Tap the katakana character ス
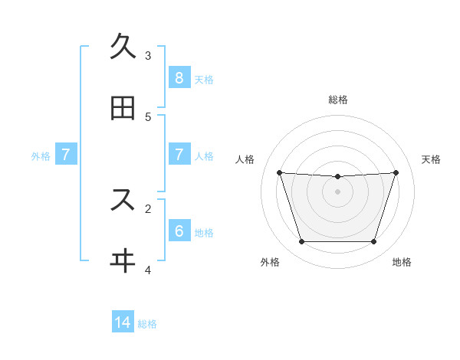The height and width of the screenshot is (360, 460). tap(123, 200)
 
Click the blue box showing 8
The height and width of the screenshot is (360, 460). tap(179, 77)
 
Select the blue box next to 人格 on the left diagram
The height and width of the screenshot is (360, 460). tap(179, 154)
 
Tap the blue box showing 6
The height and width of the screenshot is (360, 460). tap(179, 231)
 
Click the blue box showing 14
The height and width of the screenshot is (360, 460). tap(123, 322)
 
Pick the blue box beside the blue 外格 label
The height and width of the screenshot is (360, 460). tap(66, 154)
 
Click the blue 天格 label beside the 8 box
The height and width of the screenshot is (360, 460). tap(204, 79)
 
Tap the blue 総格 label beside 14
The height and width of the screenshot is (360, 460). tap(147, 324)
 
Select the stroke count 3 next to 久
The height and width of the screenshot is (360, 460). tap(148, 55)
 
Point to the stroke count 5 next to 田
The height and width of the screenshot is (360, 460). tap(148, 116)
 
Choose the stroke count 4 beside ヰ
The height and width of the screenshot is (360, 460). tap(148, 270)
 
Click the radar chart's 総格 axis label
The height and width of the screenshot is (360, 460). tap(338, 100)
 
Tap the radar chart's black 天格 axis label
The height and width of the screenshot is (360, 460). tap(432, 159)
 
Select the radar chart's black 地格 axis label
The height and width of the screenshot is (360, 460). tap(402, 262)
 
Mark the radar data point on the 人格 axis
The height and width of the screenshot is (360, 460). tap(279, 172)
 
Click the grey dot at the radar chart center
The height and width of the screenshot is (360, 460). tap(338, 191)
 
